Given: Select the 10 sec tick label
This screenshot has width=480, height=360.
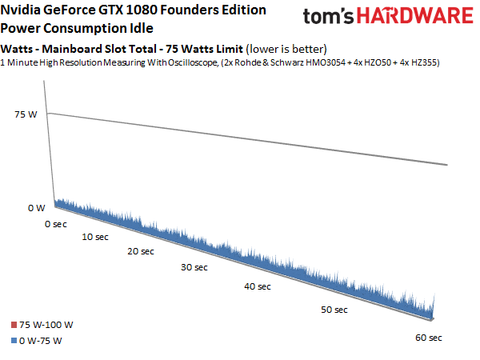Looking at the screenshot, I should click(x=96, y=238).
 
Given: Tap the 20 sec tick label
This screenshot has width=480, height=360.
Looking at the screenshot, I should click(x=140, y=252).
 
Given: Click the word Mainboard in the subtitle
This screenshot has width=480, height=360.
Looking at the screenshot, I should click(x=82, y=49).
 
